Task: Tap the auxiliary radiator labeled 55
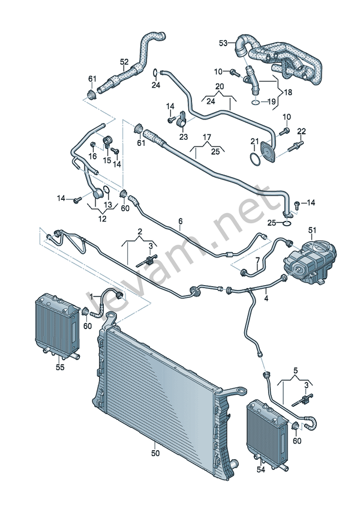point(58,325)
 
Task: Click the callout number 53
point(223,43)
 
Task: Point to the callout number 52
point(124,62)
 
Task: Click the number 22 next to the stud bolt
point(302,131)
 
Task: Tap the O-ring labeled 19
point(256,102)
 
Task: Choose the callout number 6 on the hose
point(181,221)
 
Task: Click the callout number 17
point(207,137)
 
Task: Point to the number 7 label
point(258,261)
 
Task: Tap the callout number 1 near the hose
point(92,296)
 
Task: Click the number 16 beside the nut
point(92,156)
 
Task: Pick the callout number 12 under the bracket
point(102,219)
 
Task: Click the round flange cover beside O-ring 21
point(268,151)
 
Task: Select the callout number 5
point(295,370)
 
